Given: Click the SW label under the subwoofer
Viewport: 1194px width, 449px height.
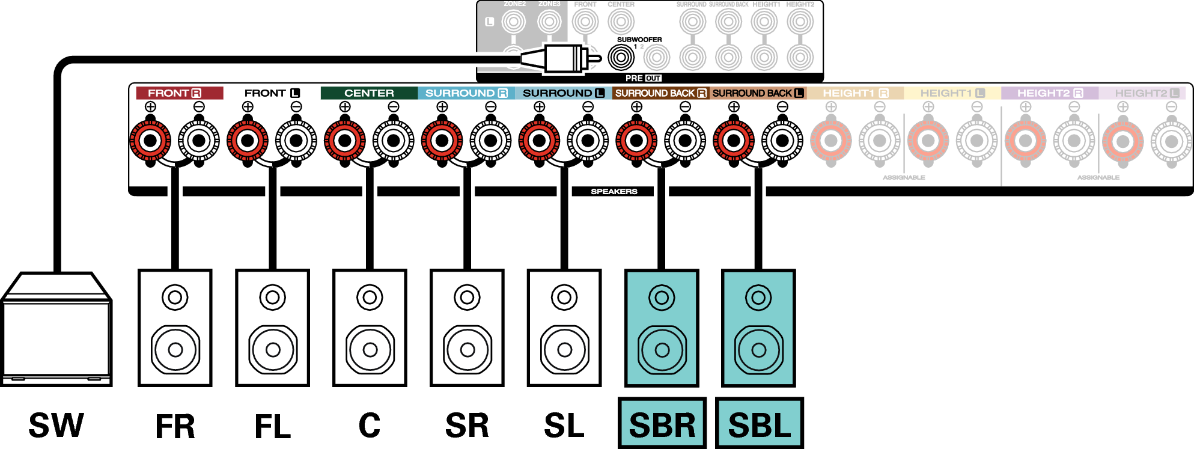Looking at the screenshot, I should pyautogui.click(x=56, y=426).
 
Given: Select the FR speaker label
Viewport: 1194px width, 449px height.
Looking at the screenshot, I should pyautogui.click(x=175, y=427).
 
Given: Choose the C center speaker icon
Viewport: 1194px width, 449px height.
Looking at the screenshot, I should pyautogui.click(x=370, y=328).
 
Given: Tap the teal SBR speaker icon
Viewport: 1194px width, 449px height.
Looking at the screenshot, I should pyautogui.click(x=662, y=328).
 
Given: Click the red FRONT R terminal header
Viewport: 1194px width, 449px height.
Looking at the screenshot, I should pyautogui.click(x=178, y=93).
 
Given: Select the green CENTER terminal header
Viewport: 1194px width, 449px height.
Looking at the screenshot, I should pyautogui.click(x=369, y=93).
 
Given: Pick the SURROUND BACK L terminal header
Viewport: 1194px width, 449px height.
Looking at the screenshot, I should pyautogui.click(x=758, y=93).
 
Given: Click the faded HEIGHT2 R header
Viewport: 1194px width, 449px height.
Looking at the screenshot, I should pyautogui.click(x=1049, y=93).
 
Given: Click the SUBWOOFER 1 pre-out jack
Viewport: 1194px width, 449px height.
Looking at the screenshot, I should pyautogui.click(x=621, y=58).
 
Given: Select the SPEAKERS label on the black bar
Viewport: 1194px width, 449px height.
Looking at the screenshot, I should pyautogui.click(x=614, y=192).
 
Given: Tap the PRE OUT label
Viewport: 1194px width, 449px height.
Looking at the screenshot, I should pyautogui.click(x=643, y=78).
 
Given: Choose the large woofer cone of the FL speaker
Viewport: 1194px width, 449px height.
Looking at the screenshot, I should pyautogui.click(x=273, y=349).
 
